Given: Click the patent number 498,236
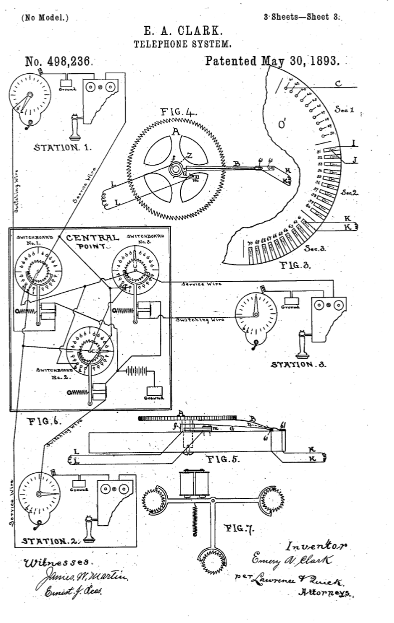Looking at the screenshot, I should pyautogui.click(x=59, y=61).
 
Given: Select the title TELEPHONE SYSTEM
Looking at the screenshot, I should pyautogui.click(x=183, y=44).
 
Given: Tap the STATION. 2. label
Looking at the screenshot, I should pyautogui.click(x=50, y=541).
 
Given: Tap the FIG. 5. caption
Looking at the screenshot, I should pyautogui.click(x=224, y=460).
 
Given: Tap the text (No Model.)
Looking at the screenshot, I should pyautogui.click(x=45, y=18).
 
